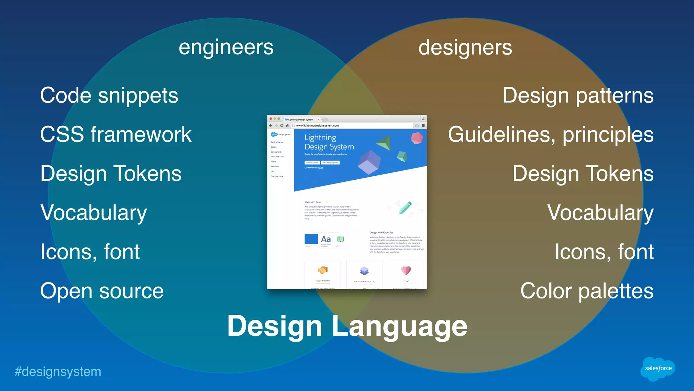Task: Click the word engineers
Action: [x=226, y=47]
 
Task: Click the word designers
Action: [x=465, y=47]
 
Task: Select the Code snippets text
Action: [x=109, y=96]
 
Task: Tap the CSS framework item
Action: [x=116, y=135]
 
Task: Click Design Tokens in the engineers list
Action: [x=111, y=174]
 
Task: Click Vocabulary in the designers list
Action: [x=600, y=213]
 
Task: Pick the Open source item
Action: [x=102, y=291]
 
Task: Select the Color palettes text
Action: [x=587, y=291]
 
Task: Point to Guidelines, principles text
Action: [x=551, y=135]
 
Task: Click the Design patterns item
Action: [x=578, y=96]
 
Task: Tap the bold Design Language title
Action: [x=347, y=326]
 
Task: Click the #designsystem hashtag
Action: [x=58, y=372]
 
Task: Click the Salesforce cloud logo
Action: [x=658, y=368]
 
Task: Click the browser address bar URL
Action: [x=318, y=125]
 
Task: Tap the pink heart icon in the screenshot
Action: [x=406, y=270]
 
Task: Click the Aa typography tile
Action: [x=326, y=239]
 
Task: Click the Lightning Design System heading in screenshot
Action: [x=329, y=142]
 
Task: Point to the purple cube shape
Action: [x=369, y=162]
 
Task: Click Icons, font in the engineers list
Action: [x=90, y=252]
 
